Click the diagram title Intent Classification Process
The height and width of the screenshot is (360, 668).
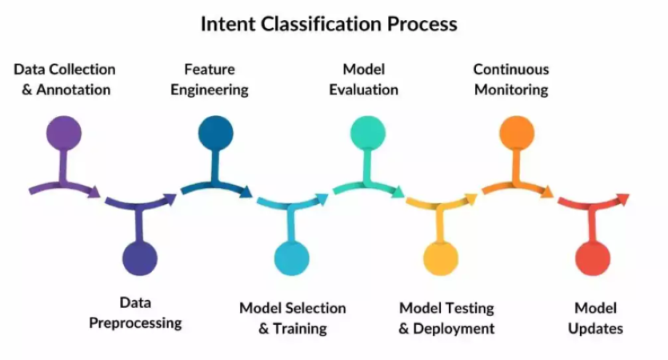pyautogui.click(x=328, y=24)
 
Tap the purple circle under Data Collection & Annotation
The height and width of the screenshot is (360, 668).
pyautogui.click(x=64, y=132)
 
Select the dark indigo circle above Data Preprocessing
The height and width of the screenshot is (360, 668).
pyautogui.click(x=140, y=258)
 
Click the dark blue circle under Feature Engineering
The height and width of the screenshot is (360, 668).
pyautogui.click(x=215, y=132)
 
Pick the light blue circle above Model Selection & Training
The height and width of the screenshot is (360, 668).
pyautogui.click(x=291, y=258)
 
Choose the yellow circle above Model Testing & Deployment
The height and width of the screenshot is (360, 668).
pyautogui.click(x=441, y=258)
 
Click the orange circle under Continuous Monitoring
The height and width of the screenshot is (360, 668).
pyautogui.click(x=516, y=132)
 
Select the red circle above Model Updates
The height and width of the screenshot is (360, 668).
pyautogui.click(x=593, y=258)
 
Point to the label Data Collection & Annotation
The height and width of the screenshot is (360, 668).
pyautogui.click(x=65, y=79)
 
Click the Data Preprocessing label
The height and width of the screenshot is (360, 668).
pyautogui.click(x=135, y=313)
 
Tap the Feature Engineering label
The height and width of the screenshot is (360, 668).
pyautogui.click(x=209, y=79)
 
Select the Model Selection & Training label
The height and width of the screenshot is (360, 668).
pyautogui.click(x=293, y=318)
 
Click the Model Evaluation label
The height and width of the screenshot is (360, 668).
pyautogui.click(x=364, y=79)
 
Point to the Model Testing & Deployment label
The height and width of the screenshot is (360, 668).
pyautogui.click(x=446, y=318)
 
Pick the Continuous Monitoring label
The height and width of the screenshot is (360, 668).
pyautogui.click(x=511, y=79)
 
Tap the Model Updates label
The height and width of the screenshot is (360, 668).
pyautogui.click(x=595, y=318)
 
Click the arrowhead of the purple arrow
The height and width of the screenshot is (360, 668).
pyautogui.click(x=94, y=192)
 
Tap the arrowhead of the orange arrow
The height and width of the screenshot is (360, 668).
pyautogui.click(x=547, y=192)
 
